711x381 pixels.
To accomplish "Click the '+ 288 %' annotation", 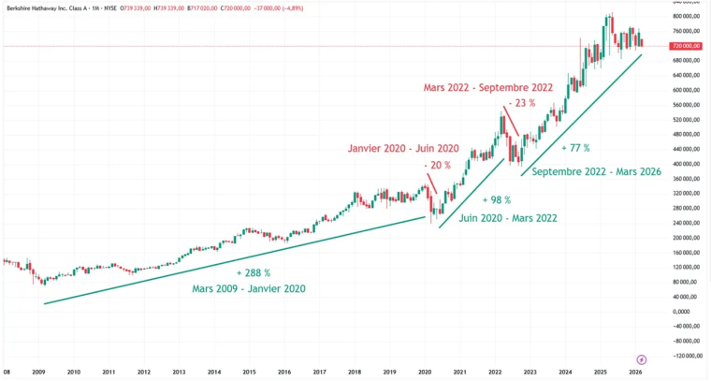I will pos(254,272).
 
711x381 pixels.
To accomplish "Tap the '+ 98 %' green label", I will pos(497,200).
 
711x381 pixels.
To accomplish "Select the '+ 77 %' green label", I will pos(575,148).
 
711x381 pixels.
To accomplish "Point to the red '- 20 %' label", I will pos(438,166).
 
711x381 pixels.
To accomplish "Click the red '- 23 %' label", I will pos(522,104).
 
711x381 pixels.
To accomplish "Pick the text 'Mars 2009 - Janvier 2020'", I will pos(248,288).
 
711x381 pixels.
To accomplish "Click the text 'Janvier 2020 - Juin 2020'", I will pos(403,148).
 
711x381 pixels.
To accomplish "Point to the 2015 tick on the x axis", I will pos(250,372).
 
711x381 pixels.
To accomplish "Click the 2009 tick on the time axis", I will pos(38,372).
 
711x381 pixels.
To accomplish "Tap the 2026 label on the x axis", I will pos(635,372).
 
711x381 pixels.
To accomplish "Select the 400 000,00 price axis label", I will pos(685,149).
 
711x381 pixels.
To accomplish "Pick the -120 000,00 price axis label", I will pos(684,356).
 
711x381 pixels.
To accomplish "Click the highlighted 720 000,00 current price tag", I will pos(686,46).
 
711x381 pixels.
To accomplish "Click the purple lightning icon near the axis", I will pos(641,359).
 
